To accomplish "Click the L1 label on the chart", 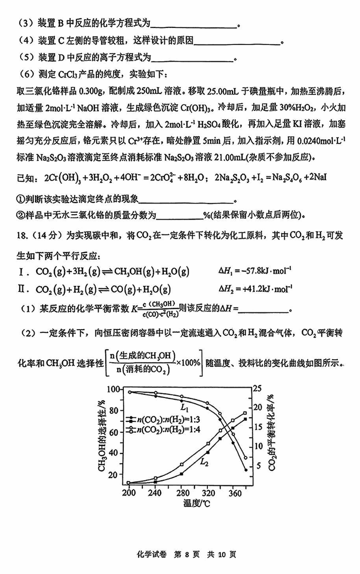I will point(184,407).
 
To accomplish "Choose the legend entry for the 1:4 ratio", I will point(162,430).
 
